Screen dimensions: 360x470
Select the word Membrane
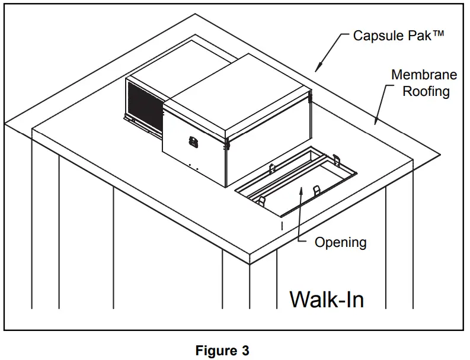tap(424, 75)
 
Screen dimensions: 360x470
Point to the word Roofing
tap(427, 91)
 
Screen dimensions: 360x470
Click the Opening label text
tap(340, 242)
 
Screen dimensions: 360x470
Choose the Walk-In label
tap(327, 299)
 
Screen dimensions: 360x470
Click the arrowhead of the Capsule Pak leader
tap(318, 63)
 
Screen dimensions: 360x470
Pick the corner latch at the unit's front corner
tap(226, 143)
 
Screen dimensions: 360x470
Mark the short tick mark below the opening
tap(282, 225)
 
